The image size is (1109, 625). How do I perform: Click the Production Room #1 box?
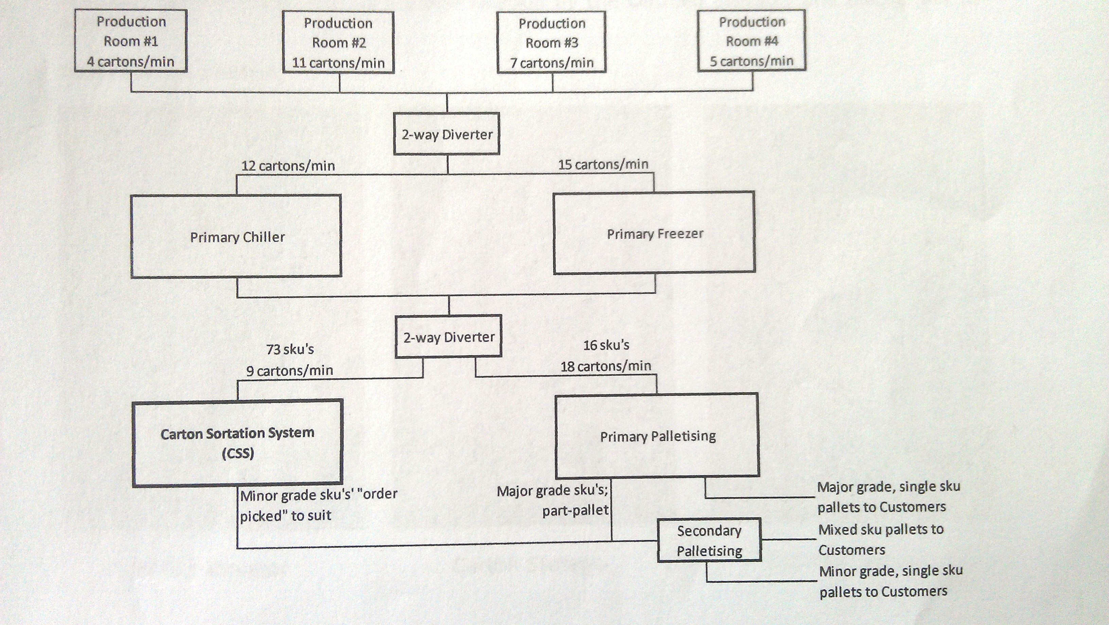(x=131, y=41)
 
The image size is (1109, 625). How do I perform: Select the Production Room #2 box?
(x=338, y=42)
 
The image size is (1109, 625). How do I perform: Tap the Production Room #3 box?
(x=551, y=42)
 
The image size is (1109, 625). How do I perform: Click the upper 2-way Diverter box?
(x=447, y=134)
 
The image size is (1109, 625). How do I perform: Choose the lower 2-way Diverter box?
(x=448, y=337)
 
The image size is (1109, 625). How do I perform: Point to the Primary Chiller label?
(x=237, y=237)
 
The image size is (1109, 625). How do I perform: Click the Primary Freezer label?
(x=655, y=234)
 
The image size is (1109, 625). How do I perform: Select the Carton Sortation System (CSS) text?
(x=237, y=443)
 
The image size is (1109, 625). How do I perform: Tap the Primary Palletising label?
(x=658, y=436)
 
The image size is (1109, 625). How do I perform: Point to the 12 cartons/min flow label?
(x=288, y=166)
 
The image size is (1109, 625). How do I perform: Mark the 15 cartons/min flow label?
(x=603, y=164)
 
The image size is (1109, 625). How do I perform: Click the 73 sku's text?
(x=290, y=349)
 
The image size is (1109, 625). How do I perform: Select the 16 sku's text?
(x=606, y=345)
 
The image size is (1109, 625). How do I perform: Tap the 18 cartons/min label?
(x=605, y=366)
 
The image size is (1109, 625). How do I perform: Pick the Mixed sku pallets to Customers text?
(x=880, y=539)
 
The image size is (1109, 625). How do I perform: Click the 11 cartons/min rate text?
(x=338, y=63)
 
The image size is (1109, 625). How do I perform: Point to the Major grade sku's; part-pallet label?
(x=553, y=501)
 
